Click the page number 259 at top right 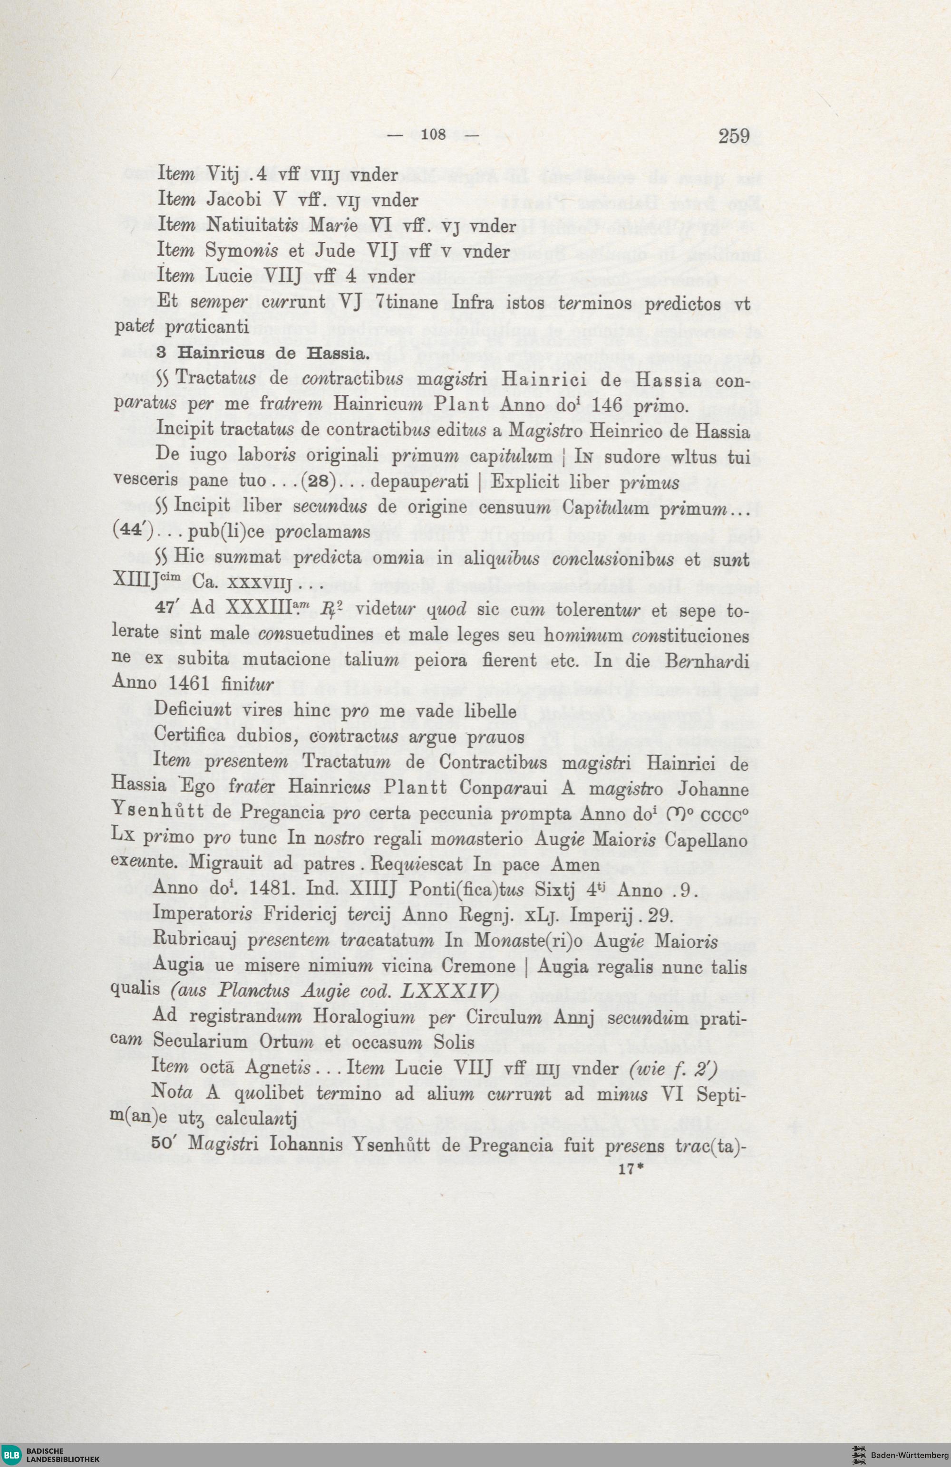[733, 135]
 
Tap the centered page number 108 [435, 135]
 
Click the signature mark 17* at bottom [630, 1170]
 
